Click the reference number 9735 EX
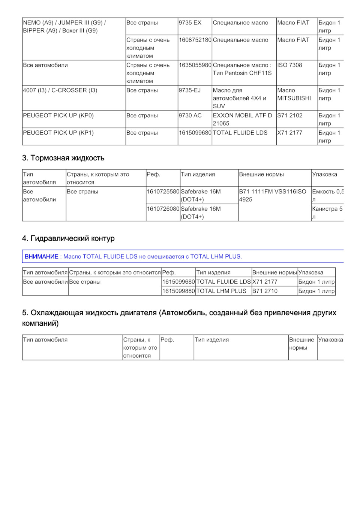[x=190, y=23]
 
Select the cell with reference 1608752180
[x=195, y=40]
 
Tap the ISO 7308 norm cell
[x=289, y=65]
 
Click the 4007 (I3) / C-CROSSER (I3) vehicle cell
[x=60, y=90]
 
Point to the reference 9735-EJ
[x=190, y=90]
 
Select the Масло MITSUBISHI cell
[x=294, y=94]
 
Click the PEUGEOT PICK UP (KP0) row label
[x=58, y=115]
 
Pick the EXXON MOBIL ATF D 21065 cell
[x=242, y=119]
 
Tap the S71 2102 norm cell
[x=289, y=115]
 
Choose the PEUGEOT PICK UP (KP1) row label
[x=58, y=133]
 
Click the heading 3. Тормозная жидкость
[x=63, y=158]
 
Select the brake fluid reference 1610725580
[x=163, y=192]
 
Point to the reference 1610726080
[x=163, y=209]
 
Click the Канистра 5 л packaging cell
[x=327, y=213]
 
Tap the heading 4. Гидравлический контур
[x=68, y=238]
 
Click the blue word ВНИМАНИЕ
[x=41, y=257]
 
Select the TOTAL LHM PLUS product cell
[x=221, y=291]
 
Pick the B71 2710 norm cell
[x=265, y=291]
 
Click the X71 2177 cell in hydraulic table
[x=265, y=282]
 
